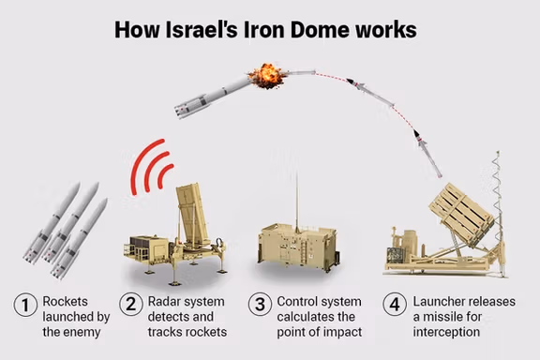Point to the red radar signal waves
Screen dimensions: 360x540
coord(150,168)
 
